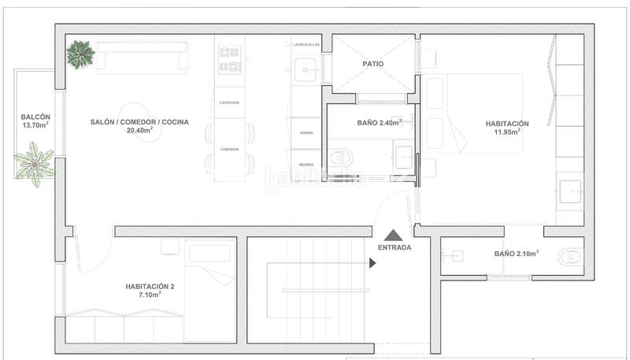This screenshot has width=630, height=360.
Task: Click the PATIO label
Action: click(372, 64)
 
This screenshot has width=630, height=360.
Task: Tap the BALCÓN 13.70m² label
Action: click(35, 121)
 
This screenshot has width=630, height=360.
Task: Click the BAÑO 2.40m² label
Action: click(379, 123)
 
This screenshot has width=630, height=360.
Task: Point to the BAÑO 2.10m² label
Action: click(517, 254)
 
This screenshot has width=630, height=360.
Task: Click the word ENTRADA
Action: click(394, 247)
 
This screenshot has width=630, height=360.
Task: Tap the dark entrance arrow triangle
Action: click(394, 234)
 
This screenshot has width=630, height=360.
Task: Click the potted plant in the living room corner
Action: click(80, 54)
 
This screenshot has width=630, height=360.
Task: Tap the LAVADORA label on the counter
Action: click(229, 103)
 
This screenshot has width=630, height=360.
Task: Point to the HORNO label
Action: click(306, 133)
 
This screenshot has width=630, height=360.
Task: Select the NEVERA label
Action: click(306, 164)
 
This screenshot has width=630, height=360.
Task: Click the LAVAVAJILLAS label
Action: click(307, 45)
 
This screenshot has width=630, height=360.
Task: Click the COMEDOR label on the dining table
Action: click(229, 149)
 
